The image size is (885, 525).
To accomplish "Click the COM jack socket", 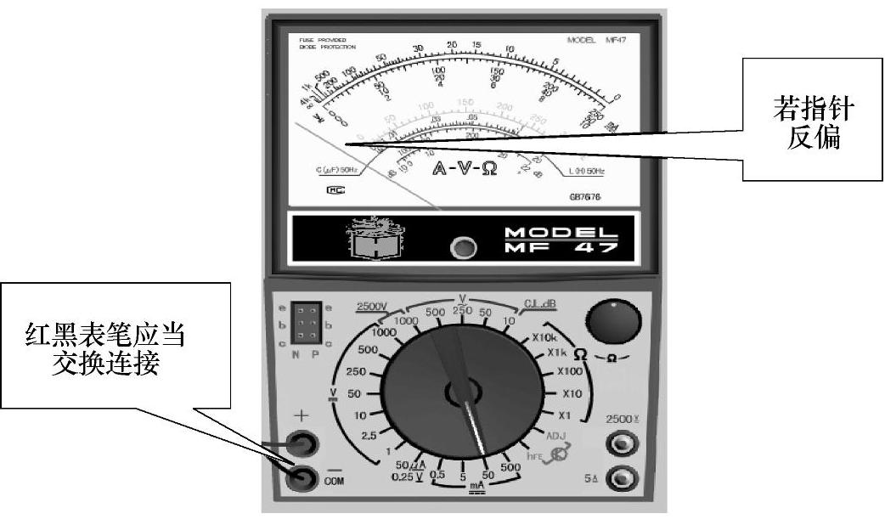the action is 302,478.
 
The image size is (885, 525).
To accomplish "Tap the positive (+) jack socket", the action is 302,443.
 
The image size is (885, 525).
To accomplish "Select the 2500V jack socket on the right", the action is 624,444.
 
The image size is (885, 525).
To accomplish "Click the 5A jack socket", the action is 624,478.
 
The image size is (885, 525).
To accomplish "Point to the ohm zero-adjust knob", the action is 611,323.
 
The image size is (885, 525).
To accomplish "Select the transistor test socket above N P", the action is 305,324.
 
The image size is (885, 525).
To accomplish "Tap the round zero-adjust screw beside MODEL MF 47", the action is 463,249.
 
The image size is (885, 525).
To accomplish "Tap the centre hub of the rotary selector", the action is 463,392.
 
